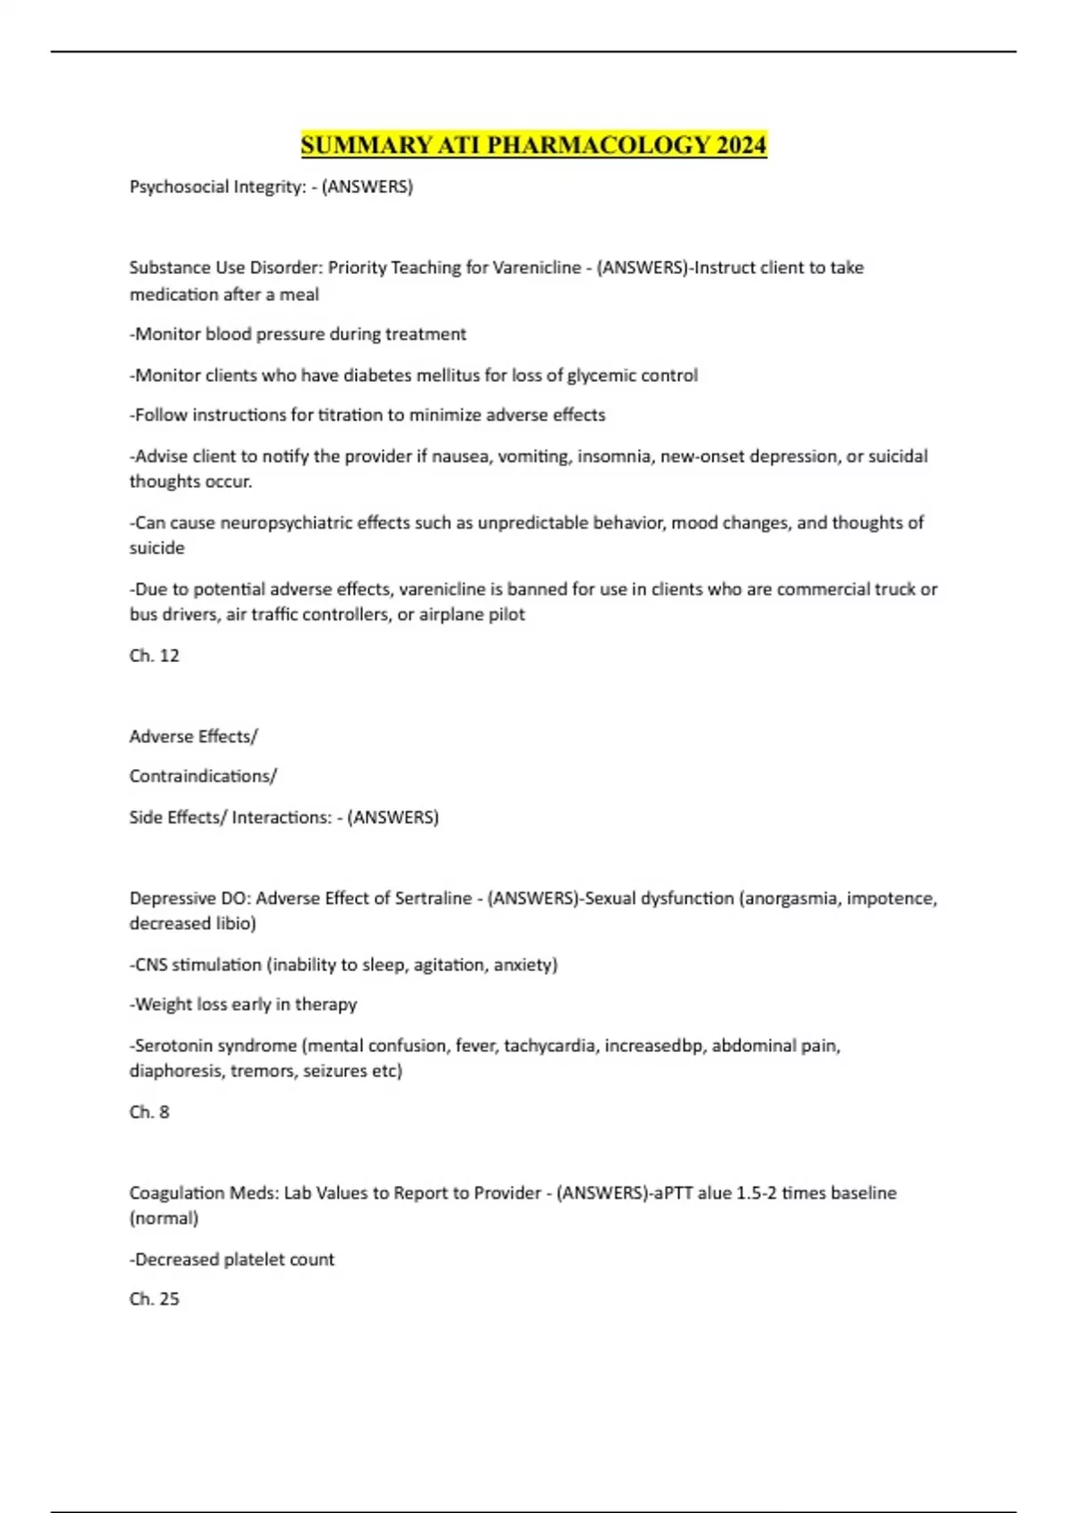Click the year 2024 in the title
741,145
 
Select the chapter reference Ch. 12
154,656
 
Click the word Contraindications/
203,776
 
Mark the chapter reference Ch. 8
149,1112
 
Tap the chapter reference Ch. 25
154,1299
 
